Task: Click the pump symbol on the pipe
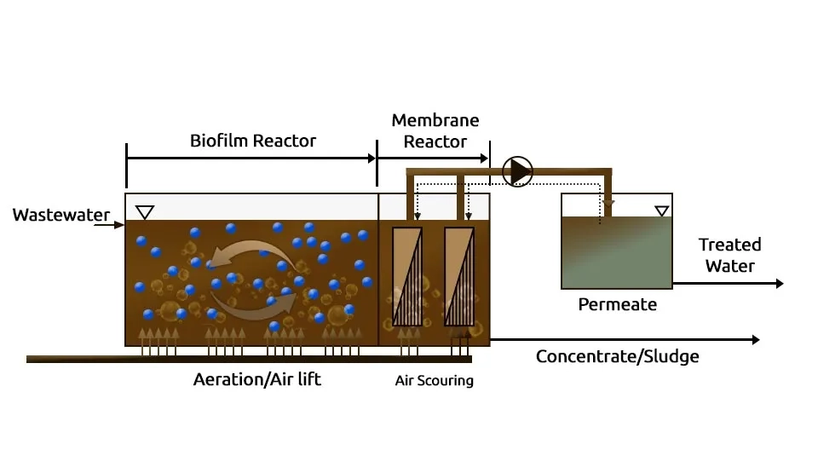(x=517, y=171)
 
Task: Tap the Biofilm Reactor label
(x=253, y=141)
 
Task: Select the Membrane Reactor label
(x=435, y=130)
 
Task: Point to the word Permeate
(x=617, y=303)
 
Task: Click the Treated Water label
(x=729, y=255)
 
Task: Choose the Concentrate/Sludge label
(x=617, y=356)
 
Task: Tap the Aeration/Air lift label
(x=256, y=379)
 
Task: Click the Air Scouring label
(x=434, y=381)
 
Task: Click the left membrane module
(x=407, y=276)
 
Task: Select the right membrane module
(x=459, y=276)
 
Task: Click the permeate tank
(x=616, y=251)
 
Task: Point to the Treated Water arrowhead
(x=779, y=283)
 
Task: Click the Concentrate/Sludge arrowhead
(x=754, y=339)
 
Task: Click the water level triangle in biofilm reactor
(x=145, y=211)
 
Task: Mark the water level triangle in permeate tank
(x=661, y=210)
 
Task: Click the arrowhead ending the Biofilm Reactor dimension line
(x=372, y=158)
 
